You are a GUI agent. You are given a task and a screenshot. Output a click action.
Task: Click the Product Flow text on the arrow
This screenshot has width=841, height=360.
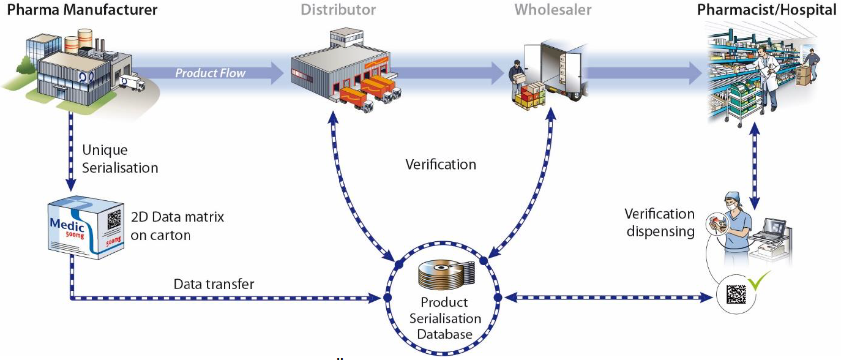coord(211,73)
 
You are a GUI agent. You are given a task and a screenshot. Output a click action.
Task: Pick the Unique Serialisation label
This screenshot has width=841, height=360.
coord(120,159)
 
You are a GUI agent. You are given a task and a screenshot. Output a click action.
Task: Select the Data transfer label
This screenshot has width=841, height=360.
coord(214,284)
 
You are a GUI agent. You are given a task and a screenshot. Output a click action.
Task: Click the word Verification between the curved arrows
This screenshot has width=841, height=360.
coord(441,165)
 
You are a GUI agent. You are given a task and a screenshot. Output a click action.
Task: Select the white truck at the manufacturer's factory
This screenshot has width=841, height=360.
coord(132,83)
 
